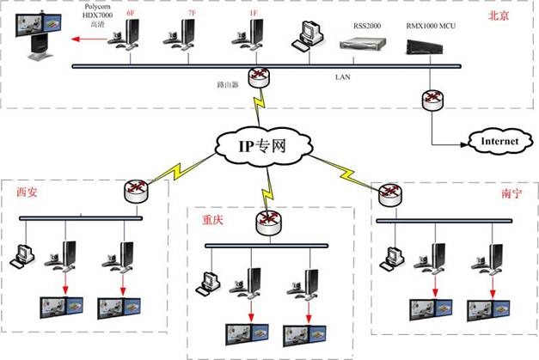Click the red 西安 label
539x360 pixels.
click(28, 192)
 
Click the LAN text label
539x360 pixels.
click(342, 76)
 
